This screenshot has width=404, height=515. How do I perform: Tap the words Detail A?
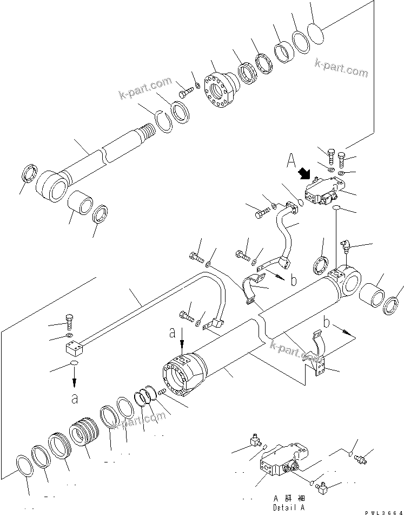(288, 507)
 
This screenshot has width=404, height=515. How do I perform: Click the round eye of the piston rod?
(52, 187)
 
